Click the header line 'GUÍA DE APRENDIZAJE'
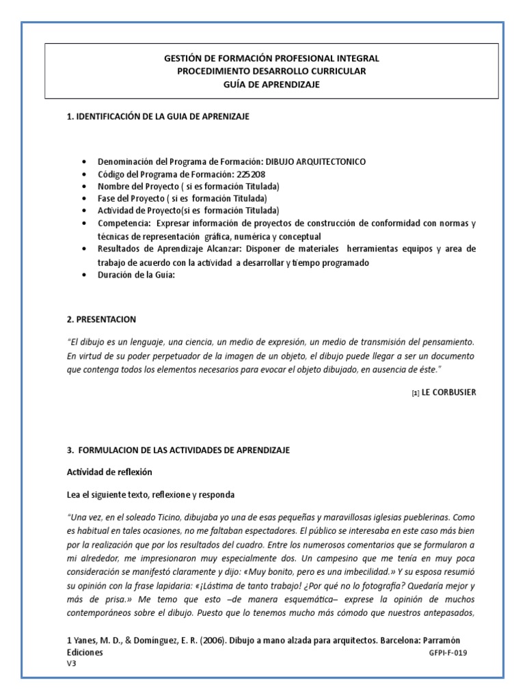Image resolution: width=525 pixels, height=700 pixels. tap(271, 84)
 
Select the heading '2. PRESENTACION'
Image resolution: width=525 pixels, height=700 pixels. tap(101, 319)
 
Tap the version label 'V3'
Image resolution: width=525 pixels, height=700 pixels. tap(71, 664)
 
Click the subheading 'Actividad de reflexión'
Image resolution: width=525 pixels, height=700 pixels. tap(109, 472)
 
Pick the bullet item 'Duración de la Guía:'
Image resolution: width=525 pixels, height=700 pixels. tap(137, 275)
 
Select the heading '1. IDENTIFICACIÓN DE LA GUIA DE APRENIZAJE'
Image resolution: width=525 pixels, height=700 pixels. tap(158, 117)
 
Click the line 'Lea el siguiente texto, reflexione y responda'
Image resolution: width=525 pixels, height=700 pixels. tap(152, 494)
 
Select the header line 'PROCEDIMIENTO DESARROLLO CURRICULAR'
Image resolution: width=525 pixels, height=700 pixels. tap(271, 71)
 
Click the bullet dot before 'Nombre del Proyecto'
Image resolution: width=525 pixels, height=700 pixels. tap(84, 187)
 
